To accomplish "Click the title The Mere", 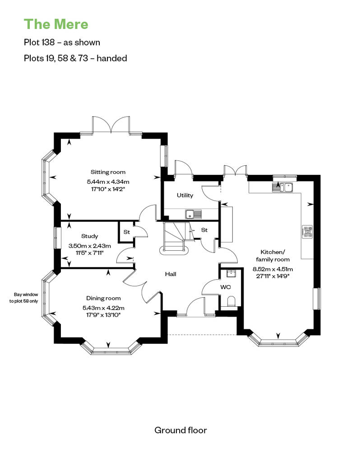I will [56, 23].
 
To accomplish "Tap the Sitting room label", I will [108, 172].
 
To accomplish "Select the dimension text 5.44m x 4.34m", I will [108, 182].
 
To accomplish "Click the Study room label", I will [89, 236].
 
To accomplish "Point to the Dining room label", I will [103, 298].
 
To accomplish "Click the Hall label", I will [170, 274].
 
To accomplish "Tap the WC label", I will [225, 287].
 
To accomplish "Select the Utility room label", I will [185, 196].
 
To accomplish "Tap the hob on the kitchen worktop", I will [308, 232].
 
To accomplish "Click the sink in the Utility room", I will [192, 214].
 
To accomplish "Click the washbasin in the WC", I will [231, 273].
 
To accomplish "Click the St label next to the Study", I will [127, 232].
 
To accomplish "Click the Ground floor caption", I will [180, 430].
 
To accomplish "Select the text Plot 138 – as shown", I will [62, 42].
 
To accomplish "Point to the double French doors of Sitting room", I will [111, 125].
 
